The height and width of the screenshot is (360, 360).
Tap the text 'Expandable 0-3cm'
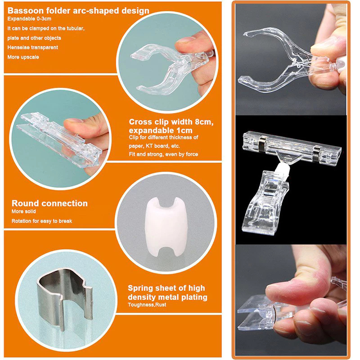point(29,19)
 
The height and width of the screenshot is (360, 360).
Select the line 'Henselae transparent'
point(32,48)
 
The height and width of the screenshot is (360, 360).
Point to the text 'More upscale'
point(23,57)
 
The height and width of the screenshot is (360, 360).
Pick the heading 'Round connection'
point(49,203)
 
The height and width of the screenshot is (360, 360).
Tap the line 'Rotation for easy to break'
point(42,221)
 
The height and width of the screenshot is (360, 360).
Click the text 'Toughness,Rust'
point(147,305)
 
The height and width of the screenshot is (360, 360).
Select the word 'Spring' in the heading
point(140,288)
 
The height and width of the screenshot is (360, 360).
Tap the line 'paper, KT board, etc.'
point(154,146)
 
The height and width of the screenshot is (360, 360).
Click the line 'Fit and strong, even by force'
point(163,154)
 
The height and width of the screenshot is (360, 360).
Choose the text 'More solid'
point(24,211)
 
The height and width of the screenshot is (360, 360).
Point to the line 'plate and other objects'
point(34,38)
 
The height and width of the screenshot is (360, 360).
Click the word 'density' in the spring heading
point(142,297)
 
